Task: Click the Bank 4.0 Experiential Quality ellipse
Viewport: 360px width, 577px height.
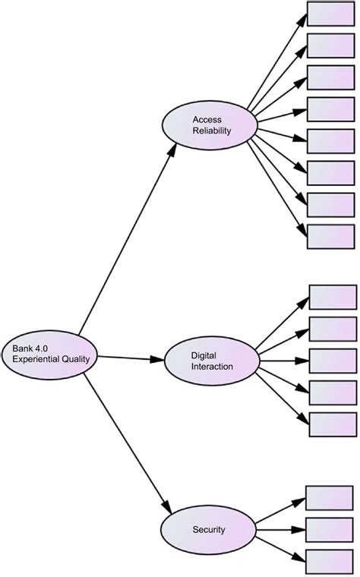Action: [49, 353]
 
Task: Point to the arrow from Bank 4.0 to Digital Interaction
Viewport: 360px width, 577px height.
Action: [131, 357]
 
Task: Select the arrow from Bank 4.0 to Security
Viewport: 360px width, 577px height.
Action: [128, 445]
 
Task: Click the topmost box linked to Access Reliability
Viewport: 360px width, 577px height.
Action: [330, 14]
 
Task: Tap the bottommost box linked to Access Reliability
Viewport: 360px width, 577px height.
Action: [330, 236]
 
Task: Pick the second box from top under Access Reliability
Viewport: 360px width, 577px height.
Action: [330, 46]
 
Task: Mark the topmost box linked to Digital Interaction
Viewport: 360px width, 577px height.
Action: [333, 297]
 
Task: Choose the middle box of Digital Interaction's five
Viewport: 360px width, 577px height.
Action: [333, 360]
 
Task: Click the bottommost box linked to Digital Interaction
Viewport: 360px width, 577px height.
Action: [333, 424]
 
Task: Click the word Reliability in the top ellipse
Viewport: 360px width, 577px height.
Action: [211, 131]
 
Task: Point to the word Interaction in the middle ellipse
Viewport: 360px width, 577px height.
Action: [212, 366]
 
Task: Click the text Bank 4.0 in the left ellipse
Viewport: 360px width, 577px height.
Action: [29, 348]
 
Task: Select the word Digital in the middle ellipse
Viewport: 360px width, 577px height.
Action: [204, 355]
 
